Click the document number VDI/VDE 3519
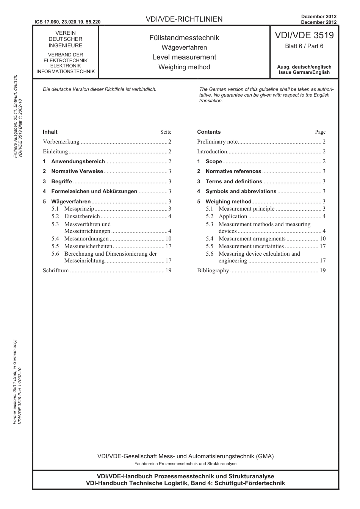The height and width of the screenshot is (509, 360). coord(304,36)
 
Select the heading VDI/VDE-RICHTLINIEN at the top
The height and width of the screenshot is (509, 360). coord(184,19)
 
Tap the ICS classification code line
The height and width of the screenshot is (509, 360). coord(67,22)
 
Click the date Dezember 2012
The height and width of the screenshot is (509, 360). coord(319,17)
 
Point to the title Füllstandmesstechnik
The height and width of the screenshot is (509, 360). coord(184,38)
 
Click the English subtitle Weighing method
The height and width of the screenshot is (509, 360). coord(184,67)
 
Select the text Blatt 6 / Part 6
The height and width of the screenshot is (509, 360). coord(304,46)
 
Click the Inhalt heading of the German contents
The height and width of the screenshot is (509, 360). coord(50,132)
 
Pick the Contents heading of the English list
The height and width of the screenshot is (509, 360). coord(209,132)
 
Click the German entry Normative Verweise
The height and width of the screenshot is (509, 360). coord(77,172)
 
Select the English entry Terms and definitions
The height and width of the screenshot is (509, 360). coord(234,182)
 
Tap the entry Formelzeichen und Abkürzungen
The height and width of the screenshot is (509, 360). coord(94,192)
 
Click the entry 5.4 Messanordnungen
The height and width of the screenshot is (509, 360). coord(86,239)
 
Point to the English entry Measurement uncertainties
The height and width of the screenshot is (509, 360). coord(251,246)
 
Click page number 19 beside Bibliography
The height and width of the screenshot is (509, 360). coord(322,270)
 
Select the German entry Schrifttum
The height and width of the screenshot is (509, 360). coord(56,270)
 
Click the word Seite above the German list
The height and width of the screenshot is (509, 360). coord(166,132)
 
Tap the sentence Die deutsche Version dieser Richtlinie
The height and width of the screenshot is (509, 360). coord(100,89)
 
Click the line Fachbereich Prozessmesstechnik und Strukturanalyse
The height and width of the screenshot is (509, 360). coord(185,464)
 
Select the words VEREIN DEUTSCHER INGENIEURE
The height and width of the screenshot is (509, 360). coord(66,39)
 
